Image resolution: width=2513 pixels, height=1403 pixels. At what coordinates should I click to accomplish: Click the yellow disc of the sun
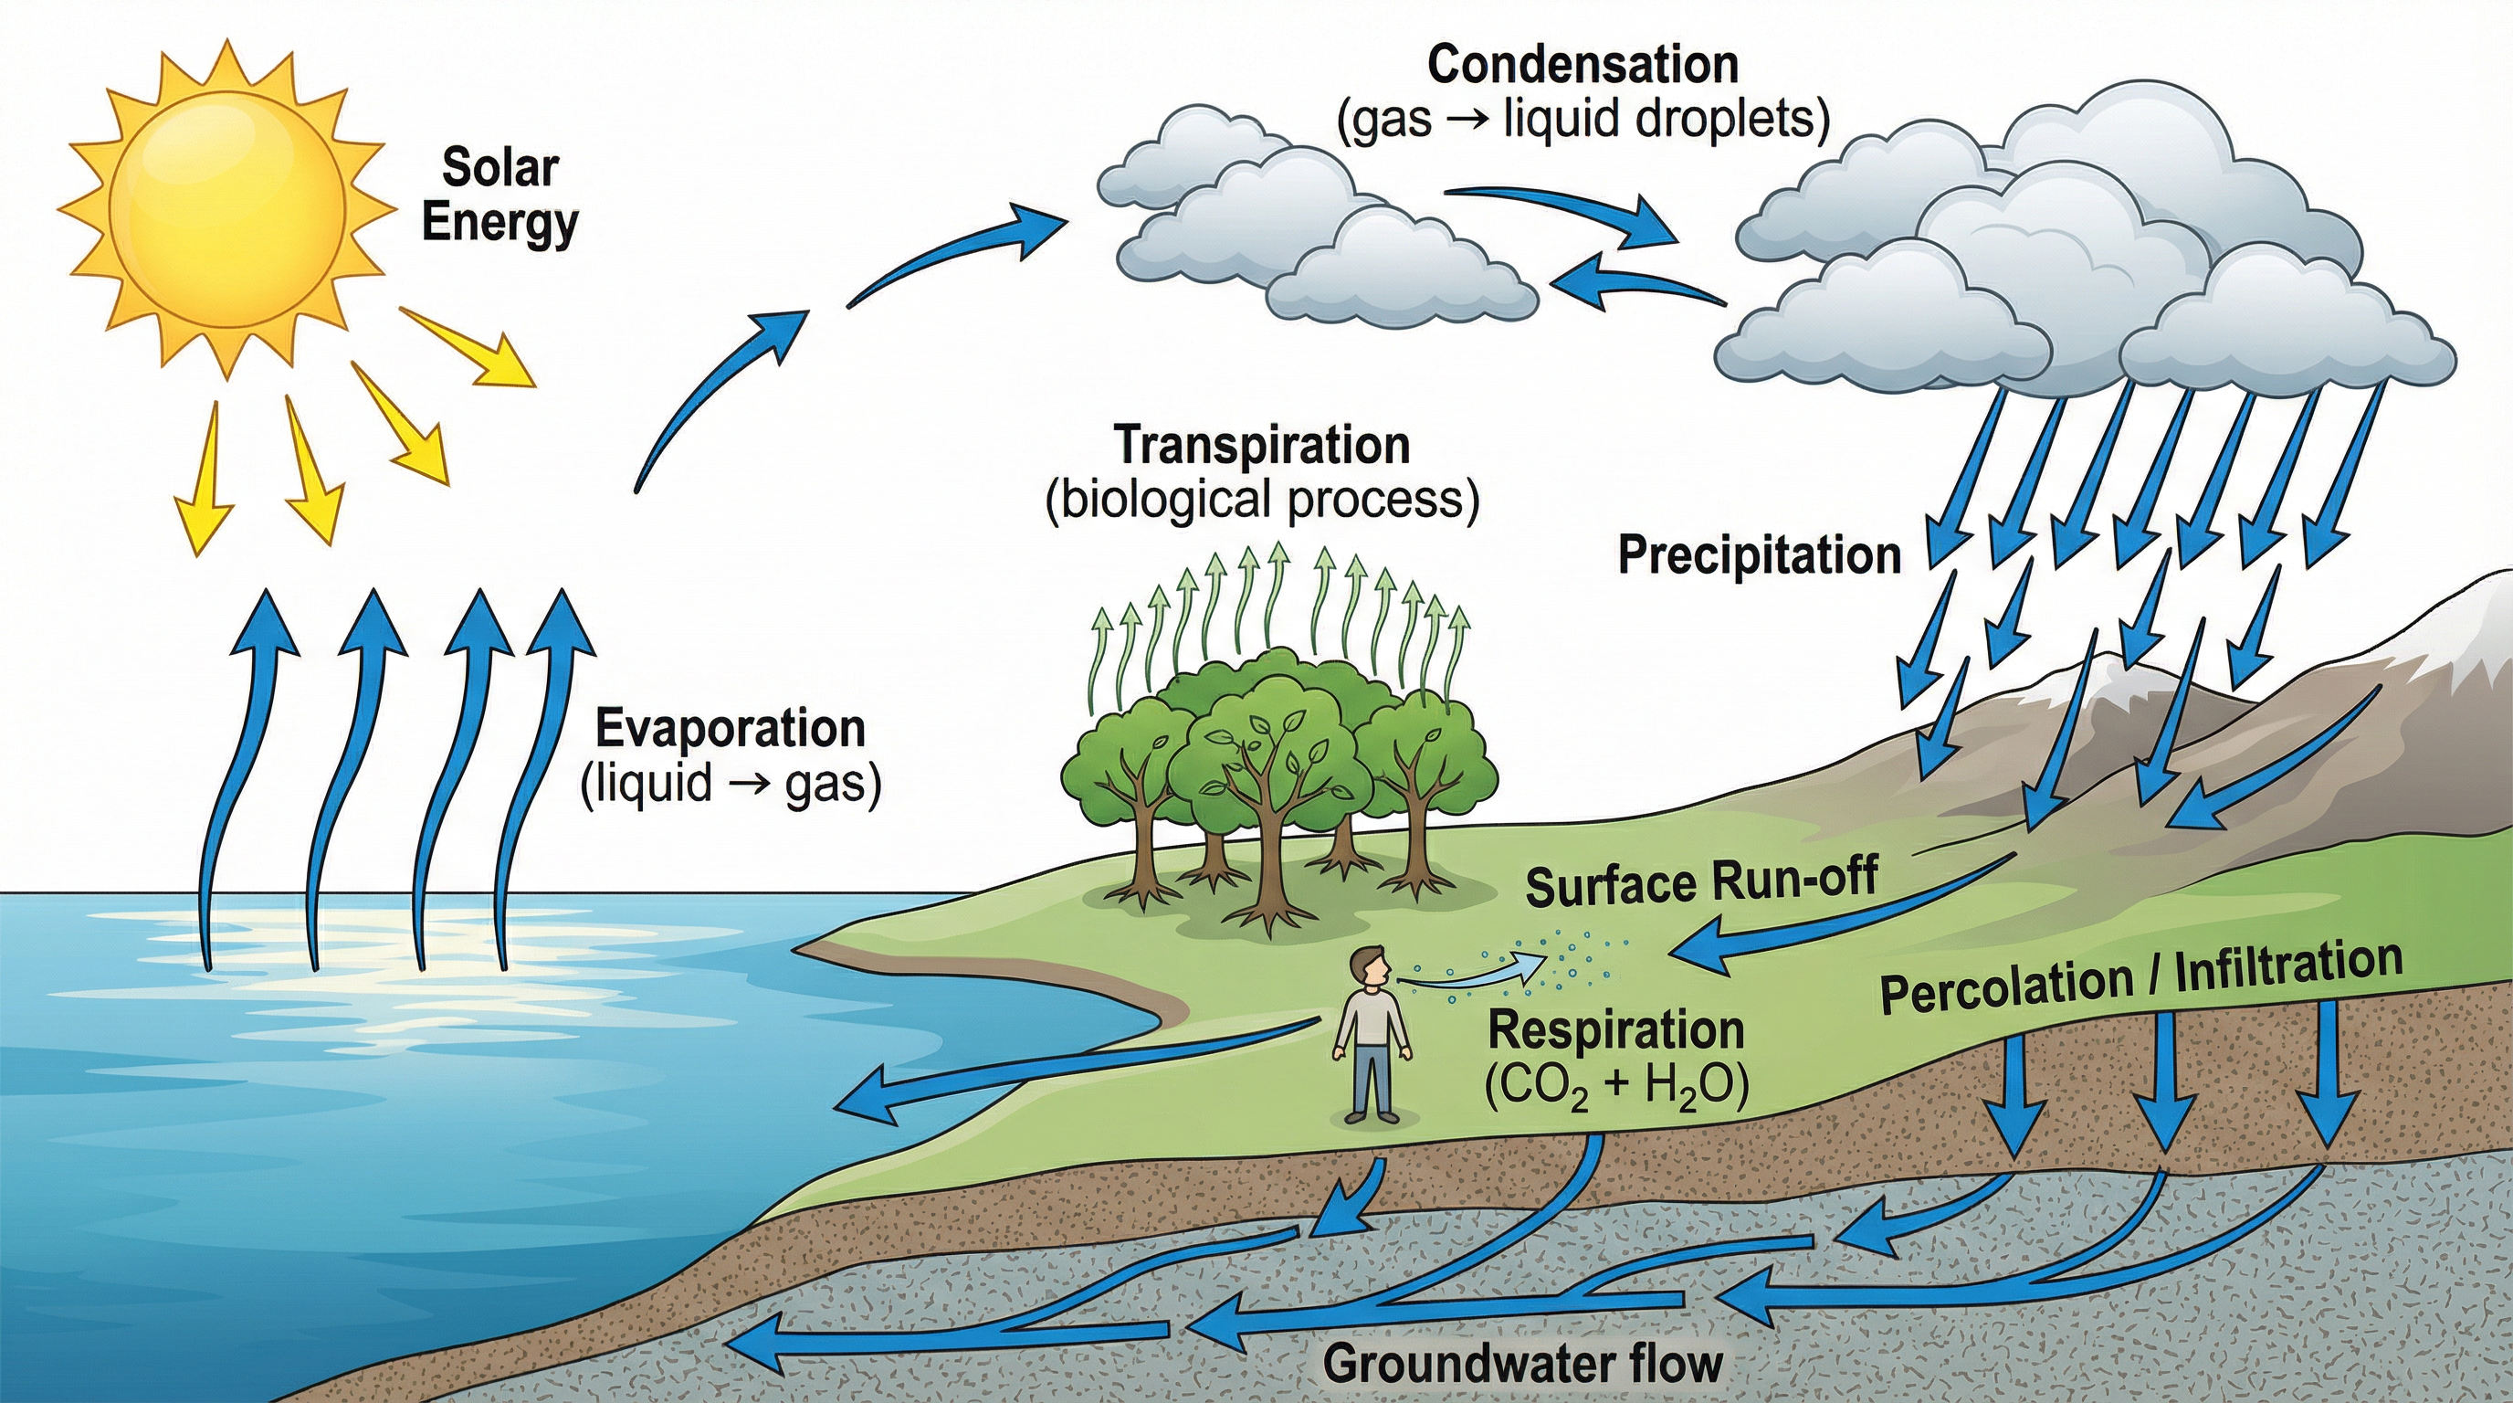click(226, 208)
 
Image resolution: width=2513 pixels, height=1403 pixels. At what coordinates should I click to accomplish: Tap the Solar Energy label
click(499, 195)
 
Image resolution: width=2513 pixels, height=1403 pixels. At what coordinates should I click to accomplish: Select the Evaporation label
click(731, 729)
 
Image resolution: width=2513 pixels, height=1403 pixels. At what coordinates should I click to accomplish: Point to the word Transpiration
click(1261, 446)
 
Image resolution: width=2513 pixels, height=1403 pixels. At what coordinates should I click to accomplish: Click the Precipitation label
click(1759, 555)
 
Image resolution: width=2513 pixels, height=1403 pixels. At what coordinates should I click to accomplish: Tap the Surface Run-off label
click(1701, 881)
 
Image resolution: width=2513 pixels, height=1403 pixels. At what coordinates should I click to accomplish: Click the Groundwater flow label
click(1522, 1364)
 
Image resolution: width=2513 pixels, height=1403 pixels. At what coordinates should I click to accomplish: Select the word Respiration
click(1615, 1030)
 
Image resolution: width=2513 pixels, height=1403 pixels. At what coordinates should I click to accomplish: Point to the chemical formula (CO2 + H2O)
click(1615, 1086)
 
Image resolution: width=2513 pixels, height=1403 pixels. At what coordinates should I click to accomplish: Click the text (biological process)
click(1261, 501)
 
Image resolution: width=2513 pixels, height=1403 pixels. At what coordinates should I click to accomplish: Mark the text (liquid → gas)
click(731, 784)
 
